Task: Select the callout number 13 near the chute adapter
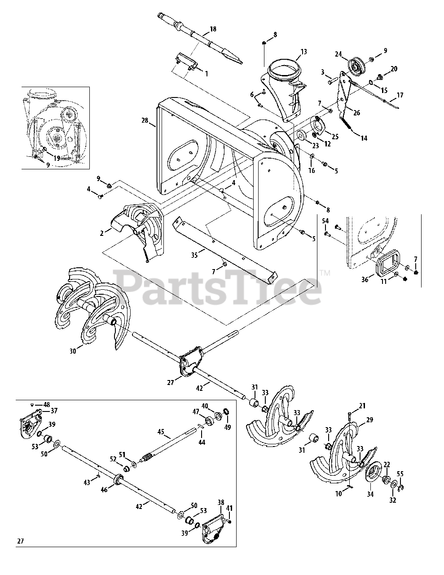pyautogui.click(x=303, y=52)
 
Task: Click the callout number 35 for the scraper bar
pyautogui.click(x=194, y=255)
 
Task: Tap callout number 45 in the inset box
pyautogui.click(x=161, y=433)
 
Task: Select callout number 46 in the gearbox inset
pyautogui.click(x=104, y=491)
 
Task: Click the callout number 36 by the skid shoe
pyautogui.click(x=365, y=279)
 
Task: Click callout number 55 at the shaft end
pyautogui.click(x=400, y=473)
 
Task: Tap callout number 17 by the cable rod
pyautogui.click(x=400, y=95)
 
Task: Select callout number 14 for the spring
pyautogui.click(x=363, y=138)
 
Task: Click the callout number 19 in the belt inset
pyautogui.click(x=57, y=158)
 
